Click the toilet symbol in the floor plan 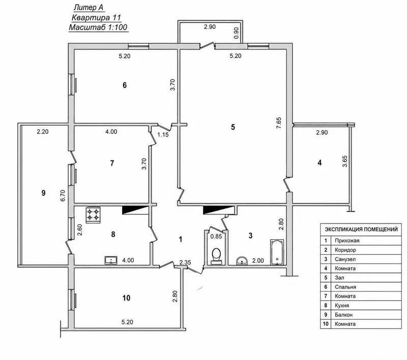click(x=216, y=256)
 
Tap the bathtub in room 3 click(x=277, y=252)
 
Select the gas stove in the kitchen click(x=93, y=215)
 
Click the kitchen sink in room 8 click(x=111, y=260)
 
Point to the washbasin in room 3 click(x=243, y=261)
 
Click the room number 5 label click(x=233, y=127)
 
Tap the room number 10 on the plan click(x=126, y=298)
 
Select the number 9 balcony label click(x=43, y=192)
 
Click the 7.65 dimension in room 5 click(x=279, y=123)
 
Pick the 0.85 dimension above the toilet click(x=216, y=236)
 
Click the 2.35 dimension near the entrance click(x=185, y=262)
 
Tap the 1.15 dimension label click(x=163, y=134)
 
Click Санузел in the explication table click(x=345, y=259)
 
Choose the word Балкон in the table click(x=344, y=315)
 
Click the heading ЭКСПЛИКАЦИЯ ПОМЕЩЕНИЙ click(x=361, y=229)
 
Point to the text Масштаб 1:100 click(x=98, y=27)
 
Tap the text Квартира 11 click(x=96, y=18)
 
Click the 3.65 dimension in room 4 click(x=345, y=161)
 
